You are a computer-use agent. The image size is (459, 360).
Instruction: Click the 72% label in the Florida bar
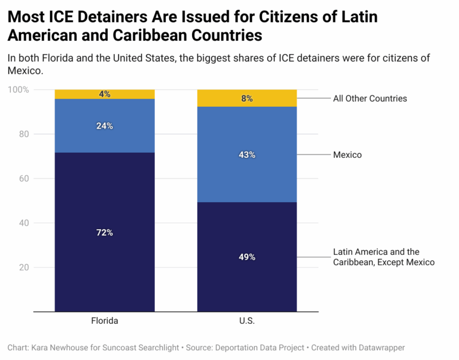tap(104, 233)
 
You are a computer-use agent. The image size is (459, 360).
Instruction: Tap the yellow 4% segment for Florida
tap(104, 94)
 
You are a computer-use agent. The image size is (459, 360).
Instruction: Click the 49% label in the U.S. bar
tap(247, 257)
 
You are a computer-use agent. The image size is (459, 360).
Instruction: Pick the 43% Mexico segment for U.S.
tap(247, 155)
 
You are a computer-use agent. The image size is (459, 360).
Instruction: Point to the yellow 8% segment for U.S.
tap(247, 98)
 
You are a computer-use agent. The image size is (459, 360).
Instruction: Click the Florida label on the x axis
tap(104, 320)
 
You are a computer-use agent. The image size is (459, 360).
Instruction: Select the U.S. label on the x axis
tap(247, 320)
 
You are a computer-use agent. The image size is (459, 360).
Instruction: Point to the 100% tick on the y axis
tap(17, 90)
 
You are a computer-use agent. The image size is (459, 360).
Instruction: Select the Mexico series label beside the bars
tap(347, 155)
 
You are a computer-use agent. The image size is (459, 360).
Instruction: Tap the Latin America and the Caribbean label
tap(384, 257)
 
